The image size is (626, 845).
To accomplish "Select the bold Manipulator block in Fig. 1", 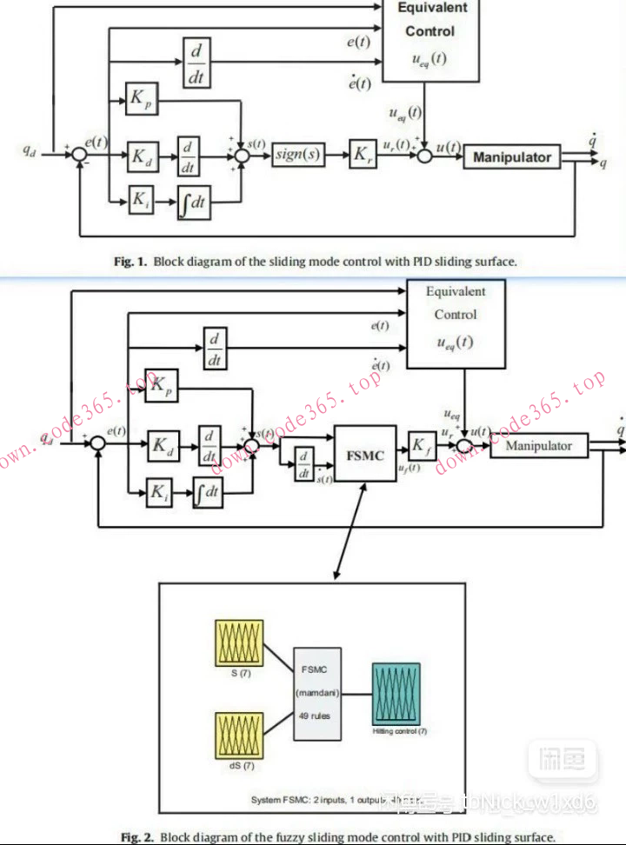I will (511, 157).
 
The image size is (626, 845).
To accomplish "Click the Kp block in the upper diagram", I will (139, 99).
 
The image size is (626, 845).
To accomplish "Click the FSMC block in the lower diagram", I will (365, 453).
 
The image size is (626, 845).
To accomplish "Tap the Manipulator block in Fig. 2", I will (539, 446).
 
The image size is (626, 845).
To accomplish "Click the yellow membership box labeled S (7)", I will (239, 643).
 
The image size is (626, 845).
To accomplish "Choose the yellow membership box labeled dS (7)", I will (239, 735).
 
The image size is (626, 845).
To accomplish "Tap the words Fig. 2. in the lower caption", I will (137, 836).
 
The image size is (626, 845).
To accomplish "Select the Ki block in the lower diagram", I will (159, 493).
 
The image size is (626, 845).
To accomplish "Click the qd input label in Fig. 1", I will (30, 149).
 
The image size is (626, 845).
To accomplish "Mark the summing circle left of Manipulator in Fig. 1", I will (424, 156).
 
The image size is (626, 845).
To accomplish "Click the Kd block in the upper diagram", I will (142, 157).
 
